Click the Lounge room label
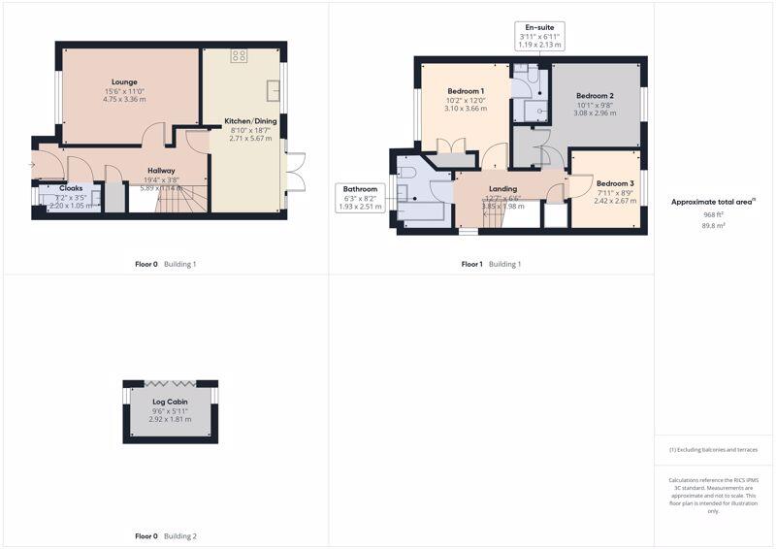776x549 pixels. (x=123, y=81)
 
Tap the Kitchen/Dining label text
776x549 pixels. (x=251, y=121)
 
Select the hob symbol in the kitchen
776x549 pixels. (x=239, y=55)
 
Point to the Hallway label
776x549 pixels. (x=161, y=171)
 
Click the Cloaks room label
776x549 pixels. (x=71, y=188)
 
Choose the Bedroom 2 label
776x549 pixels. (x=595, y=96)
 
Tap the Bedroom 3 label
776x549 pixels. (x=615, y=183)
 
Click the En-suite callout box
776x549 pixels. (x=539, y=36)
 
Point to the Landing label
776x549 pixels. (x=502, y=189)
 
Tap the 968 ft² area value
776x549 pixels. (x=714, y=213)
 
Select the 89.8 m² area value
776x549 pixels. (x=714, y=225)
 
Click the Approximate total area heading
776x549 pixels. (x=713, y=202)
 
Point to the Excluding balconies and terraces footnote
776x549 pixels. (x=713, y=450)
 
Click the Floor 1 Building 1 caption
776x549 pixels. (x=491, y=264)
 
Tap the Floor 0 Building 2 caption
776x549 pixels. (x=165, y=535)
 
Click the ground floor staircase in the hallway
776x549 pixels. (x=179, y=199)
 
